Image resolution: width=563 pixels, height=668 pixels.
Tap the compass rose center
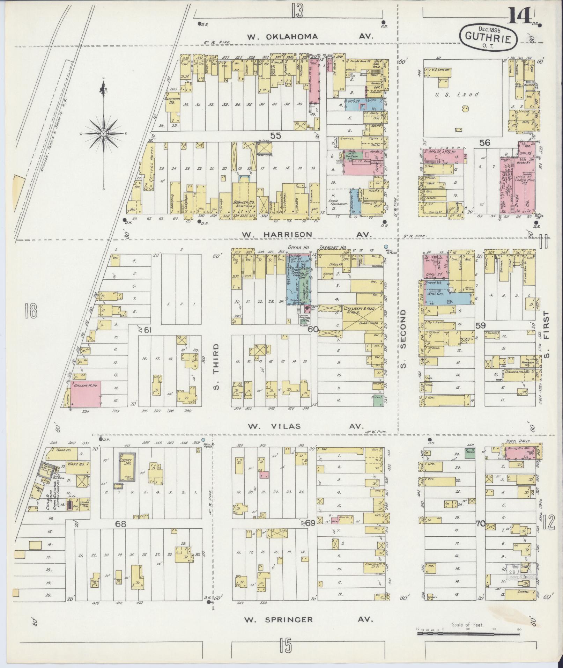click(104, 134)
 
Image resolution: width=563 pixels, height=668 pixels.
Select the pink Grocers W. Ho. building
click(86, 394)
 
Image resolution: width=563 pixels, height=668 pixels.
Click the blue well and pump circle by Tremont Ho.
click(386, 246)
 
